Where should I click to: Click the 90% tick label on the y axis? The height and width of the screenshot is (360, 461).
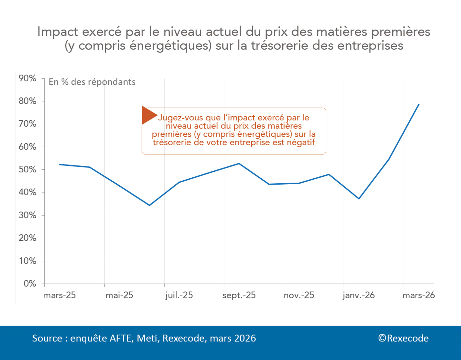pyautogui.click(x=28, y=78)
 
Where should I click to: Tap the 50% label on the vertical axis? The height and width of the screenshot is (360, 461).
pyautogui.click(x=28, y=169)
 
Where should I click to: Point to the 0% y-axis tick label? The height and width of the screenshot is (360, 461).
pyautogui.click(x=30, y=284)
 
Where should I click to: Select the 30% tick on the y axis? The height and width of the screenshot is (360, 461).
pyautogui.click(x=28, y=215)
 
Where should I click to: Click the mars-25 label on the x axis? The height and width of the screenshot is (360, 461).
pyautogui.click(x=59, y=295)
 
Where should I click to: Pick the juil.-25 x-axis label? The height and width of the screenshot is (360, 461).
pyautogui.click(x=179, y=295)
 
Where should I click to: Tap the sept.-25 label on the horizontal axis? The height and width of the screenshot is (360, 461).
pyautogui.click(x=239, y=295)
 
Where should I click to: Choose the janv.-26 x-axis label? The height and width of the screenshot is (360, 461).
pyautogui.click(x=359, y=295)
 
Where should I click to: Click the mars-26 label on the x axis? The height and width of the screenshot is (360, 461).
pyautogui.click(x=418, y=295)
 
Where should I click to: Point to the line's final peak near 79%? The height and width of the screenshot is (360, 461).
pyautogui.click(x=419, y=104)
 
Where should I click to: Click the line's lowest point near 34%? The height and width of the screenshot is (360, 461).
pyautogui.click(x=149, y=205)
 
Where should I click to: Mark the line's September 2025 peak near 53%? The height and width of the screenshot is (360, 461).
pyautogui.click(x=239, y=163)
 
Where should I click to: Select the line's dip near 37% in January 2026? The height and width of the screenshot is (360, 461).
pyautogui.click(x=359, y=199)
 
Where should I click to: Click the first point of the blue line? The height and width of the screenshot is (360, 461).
pyautogui.click(x=60, y=164)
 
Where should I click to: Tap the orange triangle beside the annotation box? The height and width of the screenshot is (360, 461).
pyautogui.click(x=149, y=115)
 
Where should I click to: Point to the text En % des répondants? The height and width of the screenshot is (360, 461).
pyautogui.click(x=92, y=82)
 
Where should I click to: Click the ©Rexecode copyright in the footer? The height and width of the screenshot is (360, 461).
pyautogui.click(x=403, y=338)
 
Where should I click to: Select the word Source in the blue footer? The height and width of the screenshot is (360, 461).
pyautogui.click(x=47, y=338)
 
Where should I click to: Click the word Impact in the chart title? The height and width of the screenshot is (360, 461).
pyautogui.click(x=58, y=32)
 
